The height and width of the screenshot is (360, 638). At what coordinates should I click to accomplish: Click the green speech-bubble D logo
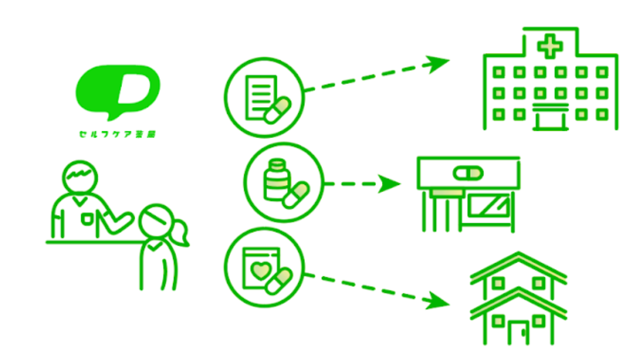118,91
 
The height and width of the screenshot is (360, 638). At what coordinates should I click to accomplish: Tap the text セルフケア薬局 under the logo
116,133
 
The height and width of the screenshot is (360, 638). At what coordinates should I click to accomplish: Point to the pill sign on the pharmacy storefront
468,173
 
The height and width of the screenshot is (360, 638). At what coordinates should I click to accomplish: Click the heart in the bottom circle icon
259,270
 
